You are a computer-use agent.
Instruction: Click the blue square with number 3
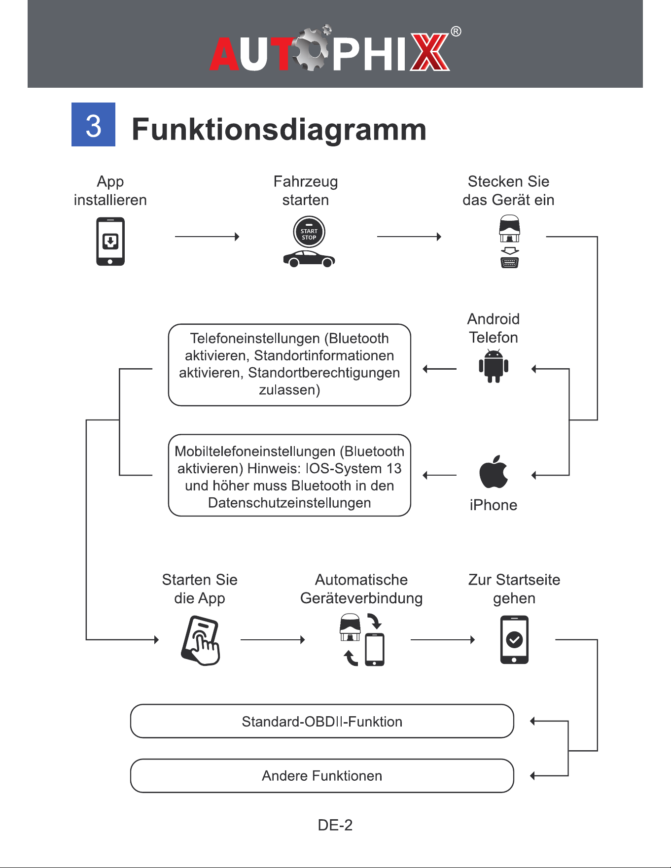coord(93,124)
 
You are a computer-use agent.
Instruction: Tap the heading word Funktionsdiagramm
coord(279,129)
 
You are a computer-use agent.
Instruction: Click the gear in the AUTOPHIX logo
coord(311,48)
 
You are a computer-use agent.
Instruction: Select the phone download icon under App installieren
coord(110,242)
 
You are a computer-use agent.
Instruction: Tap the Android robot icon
coord(494,366)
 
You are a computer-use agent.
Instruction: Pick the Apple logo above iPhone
coord(494,472)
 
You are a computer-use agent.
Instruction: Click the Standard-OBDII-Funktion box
coord(322,721)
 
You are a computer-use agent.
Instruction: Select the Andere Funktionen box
coord(322,776)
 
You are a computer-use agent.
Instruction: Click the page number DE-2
coord(335,825)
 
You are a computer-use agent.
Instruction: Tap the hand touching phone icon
coord(200,640)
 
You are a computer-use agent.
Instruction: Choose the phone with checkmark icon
coord(514,640)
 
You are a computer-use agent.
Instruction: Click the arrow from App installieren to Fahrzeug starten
coord(207,237)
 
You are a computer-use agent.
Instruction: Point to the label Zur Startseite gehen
coord(514,589)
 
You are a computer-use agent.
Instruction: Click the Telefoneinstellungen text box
coord(289,365)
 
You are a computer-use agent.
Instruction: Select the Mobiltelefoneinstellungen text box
coord(289,475)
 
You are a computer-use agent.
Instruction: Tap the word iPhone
coord(494,505)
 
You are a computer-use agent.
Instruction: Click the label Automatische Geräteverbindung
coord(361,589)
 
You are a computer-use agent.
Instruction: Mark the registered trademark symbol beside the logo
coord(456,32)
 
